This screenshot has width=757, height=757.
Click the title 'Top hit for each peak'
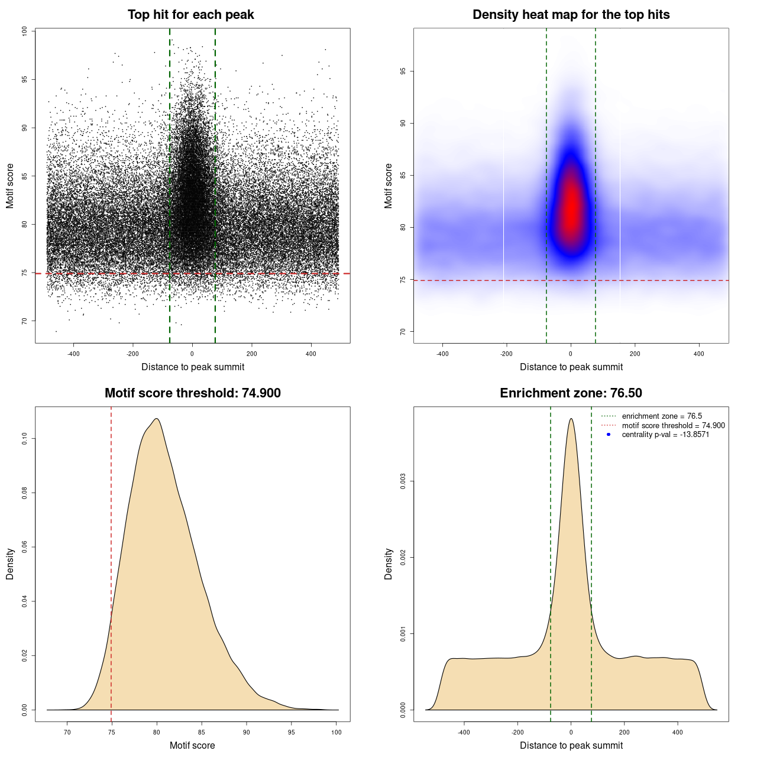[x=191, y=15]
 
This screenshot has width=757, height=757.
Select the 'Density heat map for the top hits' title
[x=571, y=15]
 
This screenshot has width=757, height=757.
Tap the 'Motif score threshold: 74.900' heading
[x=192, y=393]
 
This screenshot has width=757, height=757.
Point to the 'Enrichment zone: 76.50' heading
[x=571, y=393]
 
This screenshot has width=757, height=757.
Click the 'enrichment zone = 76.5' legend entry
[x=662, y=416]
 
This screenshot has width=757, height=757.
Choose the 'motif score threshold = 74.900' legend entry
[x=673, y=426]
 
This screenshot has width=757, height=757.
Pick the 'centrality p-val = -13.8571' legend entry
[x=665, y=435]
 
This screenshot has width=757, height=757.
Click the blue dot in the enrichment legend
[x=609, y=435]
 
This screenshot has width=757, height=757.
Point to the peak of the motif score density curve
[x=157, y=419]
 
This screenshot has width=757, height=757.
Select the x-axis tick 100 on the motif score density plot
[x=337, y=732]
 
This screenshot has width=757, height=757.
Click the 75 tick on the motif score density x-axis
[x=111, y=732]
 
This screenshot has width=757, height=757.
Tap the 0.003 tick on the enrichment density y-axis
[x=403, y=481]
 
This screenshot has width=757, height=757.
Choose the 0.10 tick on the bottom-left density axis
[x=24, y=438]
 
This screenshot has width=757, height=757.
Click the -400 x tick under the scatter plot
[x=73, y=354]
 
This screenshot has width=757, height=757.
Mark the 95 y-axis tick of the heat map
[x=403, y=72]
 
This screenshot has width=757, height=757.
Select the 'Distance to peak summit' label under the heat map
[x=571, y=367]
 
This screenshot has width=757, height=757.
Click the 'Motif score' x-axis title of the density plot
[x=192, y=746]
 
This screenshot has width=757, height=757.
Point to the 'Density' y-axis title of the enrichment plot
[x=389, y=564]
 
